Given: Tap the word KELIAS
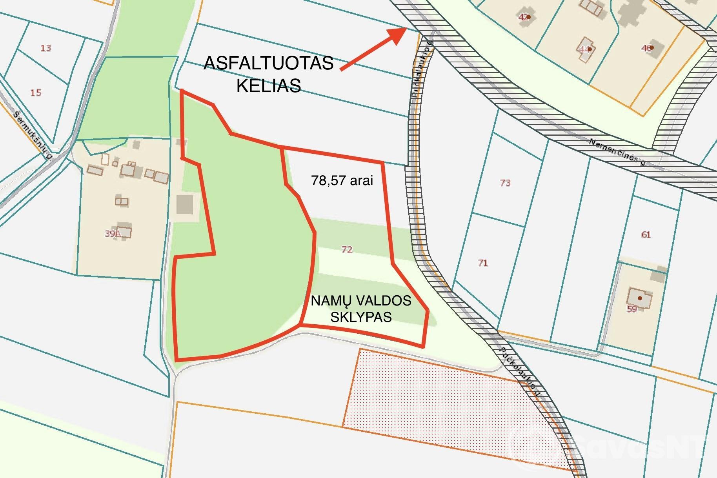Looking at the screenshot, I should [x=269, y=85].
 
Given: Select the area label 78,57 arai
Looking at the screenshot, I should [x=342, y=180].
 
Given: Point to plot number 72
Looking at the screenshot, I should [x=347, y=249].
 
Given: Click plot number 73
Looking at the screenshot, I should [x=505, y=183].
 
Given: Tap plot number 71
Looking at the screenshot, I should [x=483, y=263].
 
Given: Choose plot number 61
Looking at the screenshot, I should [x=646, y=235].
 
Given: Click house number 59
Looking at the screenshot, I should [x=632, y=309].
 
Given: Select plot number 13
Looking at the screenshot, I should [x=46, y=48].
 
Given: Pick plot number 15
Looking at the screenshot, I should [x=36, y=93].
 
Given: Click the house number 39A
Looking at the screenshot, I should [x=112, y=234].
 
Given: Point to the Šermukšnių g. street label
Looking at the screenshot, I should [x=33, y=136].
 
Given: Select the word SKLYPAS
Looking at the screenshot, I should [x=361, y=317].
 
